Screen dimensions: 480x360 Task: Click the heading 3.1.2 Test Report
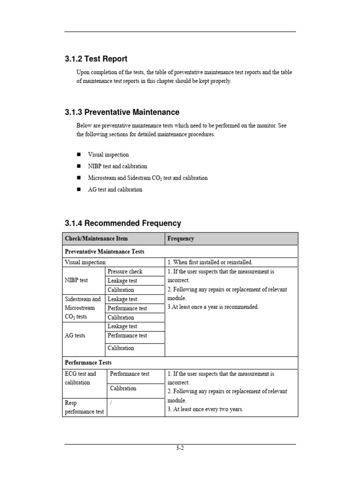[x=96, y=59]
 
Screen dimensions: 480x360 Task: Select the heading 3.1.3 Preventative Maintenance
[x=122, y=112]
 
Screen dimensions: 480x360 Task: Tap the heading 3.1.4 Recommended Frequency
[x=123, y=224]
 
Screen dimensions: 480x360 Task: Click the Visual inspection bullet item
[x=108, y=155]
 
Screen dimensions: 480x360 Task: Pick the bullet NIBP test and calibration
[x=118, y=166]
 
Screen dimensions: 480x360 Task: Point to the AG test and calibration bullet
[x=115, y=190]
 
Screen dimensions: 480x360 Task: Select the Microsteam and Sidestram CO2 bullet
[x=148, y=178]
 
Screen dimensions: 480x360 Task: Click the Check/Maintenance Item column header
[x=96, y=239]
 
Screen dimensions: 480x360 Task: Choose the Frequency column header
[x=180, y=239]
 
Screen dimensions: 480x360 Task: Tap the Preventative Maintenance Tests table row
[x=105, y=252]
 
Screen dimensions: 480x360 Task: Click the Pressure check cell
[x=125, y=271]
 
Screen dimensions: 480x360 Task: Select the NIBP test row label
[x=76, y=280]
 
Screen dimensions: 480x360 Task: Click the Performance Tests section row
[x=88, y=363]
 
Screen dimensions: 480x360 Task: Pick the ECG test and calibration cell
[x=80, y=378]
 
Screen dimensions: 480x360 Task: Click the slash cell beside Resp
[x=111, y=403]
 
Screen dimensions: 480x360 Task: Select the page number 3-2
[x=180, y=448]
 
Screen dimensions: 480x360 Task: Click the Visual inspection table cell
[x=85, y=262]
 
